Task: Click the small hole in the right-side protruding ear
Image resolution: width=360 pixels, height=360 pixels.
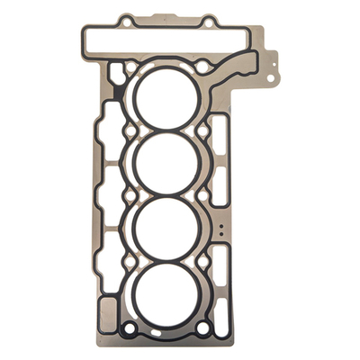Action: (269, 58)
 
